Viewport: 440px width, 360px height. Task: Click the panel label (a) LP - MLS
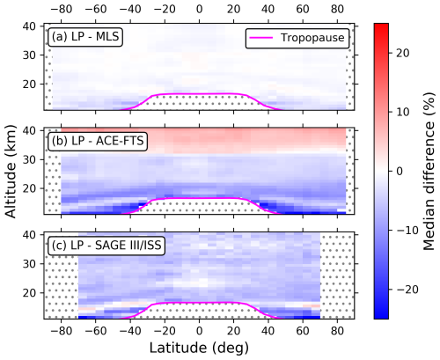85,37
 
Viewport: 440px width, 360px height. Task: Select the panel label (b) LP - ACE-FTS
98,141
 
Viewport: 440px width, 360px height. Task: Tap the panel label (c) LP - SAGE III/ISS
106,245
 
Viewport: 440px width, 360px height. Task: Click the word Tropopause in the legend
312,38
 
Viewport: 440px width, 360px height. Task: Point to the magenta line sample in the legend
260,38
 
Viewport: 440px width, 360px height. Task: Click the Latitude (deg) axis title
199,348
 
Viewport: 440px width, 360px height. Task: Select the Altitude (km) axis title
11,172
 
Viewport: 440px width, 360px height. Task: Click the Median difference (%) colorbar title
429,171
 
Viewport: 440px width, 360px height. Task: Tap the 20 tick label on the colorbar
403,53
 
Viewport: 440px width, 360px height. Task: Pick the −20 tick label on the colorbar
407,290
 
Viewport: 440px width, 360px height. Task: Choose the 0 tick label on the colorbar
400,171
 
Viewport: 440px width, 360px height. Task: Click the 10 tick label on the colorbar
403,112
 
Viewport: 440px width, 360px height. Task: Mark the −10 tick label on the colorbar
407,231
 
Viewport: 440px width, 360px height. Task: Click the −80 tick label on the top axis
62,9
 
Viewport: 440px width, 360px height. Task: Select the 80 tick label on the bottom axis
337,331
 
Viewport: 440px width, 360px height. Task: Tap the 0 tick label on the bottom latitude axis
200,331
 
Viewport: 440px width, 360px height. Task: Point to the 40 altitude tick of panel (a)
29,26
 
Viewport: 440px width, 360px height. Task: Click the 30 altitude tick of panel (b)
29,159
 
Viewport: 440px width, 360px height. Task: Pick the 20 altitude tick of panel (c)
29,293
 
